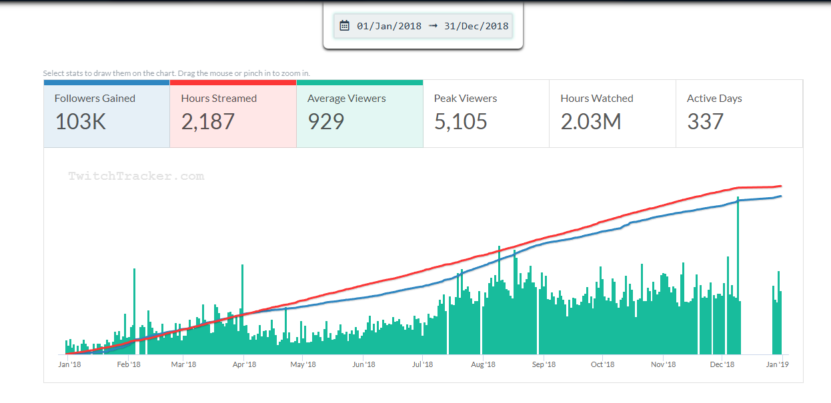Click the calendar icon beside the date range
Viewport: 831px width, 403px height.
pos(344,26)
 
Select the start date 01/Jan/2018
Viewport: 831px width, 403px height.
pos(389,26)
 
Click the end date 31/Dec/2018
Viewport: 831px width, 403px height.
pos(476,26)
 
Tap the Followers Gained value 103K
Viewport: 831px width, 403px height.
pos(81,121)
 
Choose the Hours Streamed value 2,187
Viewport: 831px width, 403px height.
pos(208,121)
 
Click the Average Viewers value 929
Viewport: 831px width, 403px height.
pos(326,121)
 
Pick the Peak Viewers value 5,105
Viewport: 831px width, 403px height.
pos(461,121)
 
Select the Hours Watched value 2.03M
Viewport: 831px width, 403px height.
pos(591,121)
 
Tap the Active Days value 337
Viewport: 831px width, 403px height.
pos(705,121)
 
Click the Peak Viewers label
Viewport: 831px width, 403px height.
pos(466,98)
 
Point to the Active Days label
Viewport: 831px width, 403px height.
pos(714,98)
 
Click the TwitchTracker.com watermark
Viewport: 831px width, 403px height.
pos(136,177)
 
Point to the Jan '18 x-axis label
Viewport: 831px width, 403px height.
pos(69,364)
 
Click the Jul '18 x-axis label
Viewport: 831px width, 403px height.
pos(423,364)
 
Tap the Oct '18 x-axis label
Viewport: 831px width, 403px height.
pos(602,364)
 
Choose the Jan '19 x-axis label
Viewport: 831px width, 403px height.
pos(777,364)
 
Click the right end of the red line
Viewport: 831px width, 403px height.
pos(780,187)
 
